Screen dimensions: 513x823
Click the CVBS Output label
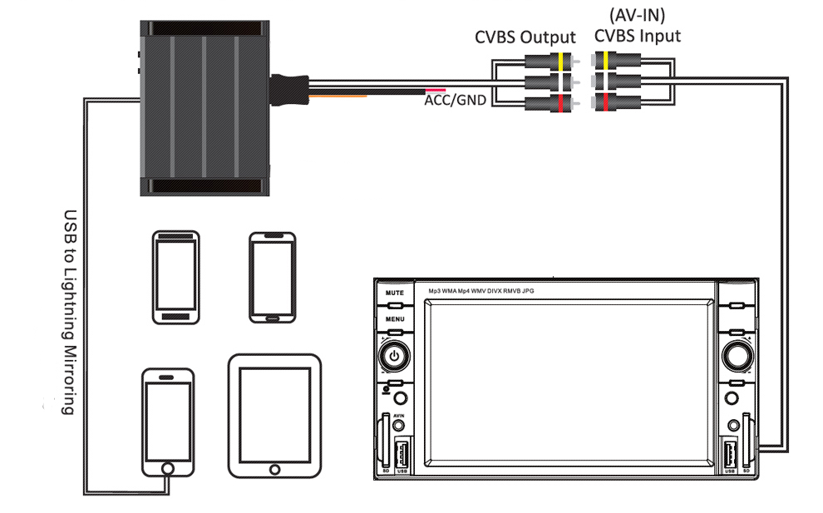click(x=525, y=37)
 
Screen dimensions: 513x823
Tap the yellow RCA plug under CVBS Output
click(x=549, y=62)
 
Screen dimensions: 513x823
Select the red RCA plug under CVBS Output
click(x=549, y=102)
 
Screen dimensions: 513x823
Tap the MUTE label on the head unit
click(x=394, y=293)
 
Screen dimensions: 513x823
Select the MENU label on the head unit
click(x=394, y=319)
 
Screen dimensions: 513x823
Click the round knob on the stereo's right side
click(x=735, y=355)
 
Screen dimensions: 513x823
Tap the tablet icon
click(x=274, y=416)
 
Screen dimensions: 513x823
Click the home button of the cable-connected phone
click(x=168, y=469)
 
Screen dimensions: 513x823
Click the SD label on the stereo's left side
click(x=386, y=471)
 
